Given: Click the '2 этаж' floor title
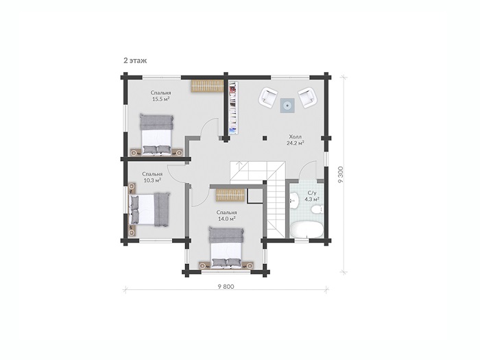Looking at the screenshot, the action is (x=135, y=60).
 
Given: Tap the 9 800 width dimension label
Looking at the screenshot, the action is (x=226, y=287).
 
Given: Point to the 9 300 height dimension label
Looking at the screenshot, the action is (x=340, y=174).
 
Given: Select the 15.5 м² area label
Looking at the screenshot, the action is (x=160, y=99).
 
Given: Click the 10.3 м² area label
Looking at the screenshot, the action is (x=152, y=180).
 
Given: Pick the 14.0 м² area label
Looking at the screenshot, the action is (x=226, y=219).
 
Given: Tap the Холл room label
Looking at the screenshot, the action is (x=296, y=136).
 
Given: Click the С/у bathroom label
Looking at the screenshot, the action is (x=311, y=193).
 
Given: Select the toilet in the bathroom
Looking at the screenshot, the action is (x=317, y=209).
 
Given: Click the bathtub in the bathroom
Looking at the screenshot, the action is (x=306, y=230).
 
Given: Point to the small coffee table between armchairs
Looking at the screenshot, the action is (x=287, y=106).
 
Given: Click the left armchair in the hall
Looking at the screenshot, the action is (x=269, y=97).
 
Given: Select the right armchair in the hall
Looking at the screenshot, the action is (x=307, y=97).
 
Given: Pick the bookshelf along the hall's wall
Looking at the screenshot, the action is (x=233, y=108).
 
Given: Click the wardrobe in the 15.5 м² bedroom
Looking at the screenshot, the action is (x=208, y=86).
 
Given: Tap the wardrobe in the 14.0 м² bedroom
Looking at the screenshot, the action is (x=230, y=195).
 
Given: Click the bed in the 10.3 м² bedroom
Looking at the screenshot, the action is (x=149, y=210).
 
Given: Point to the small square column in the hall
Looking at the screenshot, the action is (x=265, y=138).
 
